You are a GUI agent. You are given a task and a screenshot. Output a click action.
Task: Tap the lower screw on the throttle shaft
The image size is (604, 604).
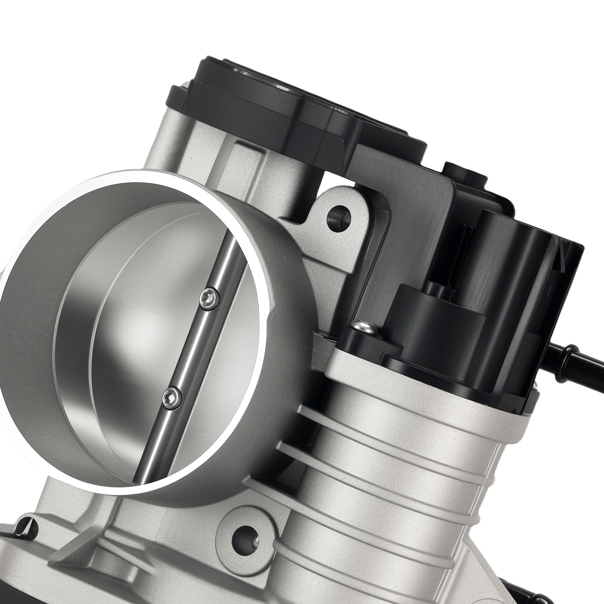point(171,396)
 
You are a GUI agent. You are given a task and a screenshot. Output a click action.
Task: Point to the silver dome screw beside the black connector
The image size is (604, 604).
point(363,327)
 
